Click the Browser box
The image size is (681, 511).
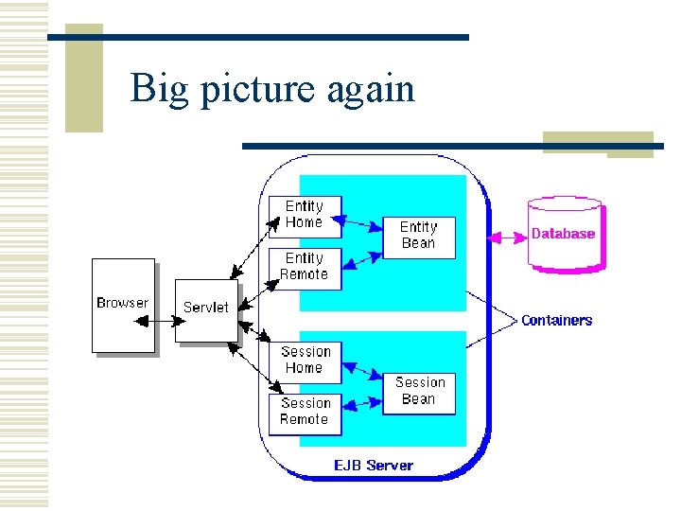pyautogui.click(x=122, y=305)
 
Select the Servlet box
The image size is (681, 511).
pyautogui.click(x=206, y=309)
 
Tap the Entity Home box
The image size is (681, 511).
pyautogui.click(x=304, y=216)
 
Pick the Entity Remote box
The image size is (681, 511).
pyautogui.click(x=304, y=268)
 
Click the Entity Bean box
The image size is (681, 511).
pyautogui.click(x=418, y=237)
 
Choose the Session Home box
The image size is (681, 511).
pyautogui.click(x=304, y=361)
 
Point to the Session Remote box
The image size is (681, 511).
pyautogui.click(x=304, y=413)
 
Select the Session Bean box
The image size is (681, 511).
pyautogui.click(x=419, y=392)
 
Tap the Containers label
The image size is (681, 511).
pyautogui.click(x=556, y=321)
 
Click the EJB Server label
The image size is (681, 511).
pyautogui.click(x=373, y=466)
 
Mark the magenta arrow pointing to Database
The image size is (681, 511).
pyautogui.click(x=506, y=235)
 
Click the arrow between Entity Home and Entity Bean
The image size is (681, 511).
pyautogui.click(x=362, y=225)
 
